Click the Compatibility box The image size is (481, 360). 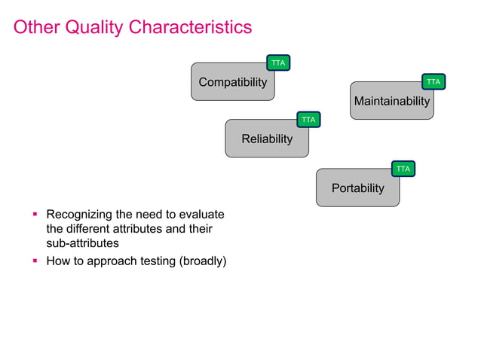click(x=232, y=82)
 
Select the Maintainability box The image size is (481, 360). click(x=391, y=101)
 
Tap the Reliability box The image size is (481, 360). click(x=266, y=139)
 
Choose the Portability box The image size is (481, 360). click(x=357, y=188)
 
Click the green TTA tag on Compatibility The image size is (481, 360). click(x=278, y=63)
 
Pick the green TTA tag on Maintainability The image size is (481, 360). click(x=434, y=81)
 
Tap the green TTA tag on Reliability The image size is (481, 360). click(x=308, y=120)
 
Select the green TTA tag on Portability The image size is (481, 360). click(x=403, y=169)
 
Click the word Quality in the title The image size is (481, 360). click(x=96, y=28)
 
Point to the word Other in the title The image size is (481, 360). click(x=37, y=28)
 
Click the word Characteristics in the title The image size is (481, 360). click(x=190, y=28)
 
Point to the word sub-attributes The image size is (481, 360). click(x=82, y=244)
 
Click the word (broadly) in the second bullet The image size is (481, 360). click(x=201, y=262)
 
